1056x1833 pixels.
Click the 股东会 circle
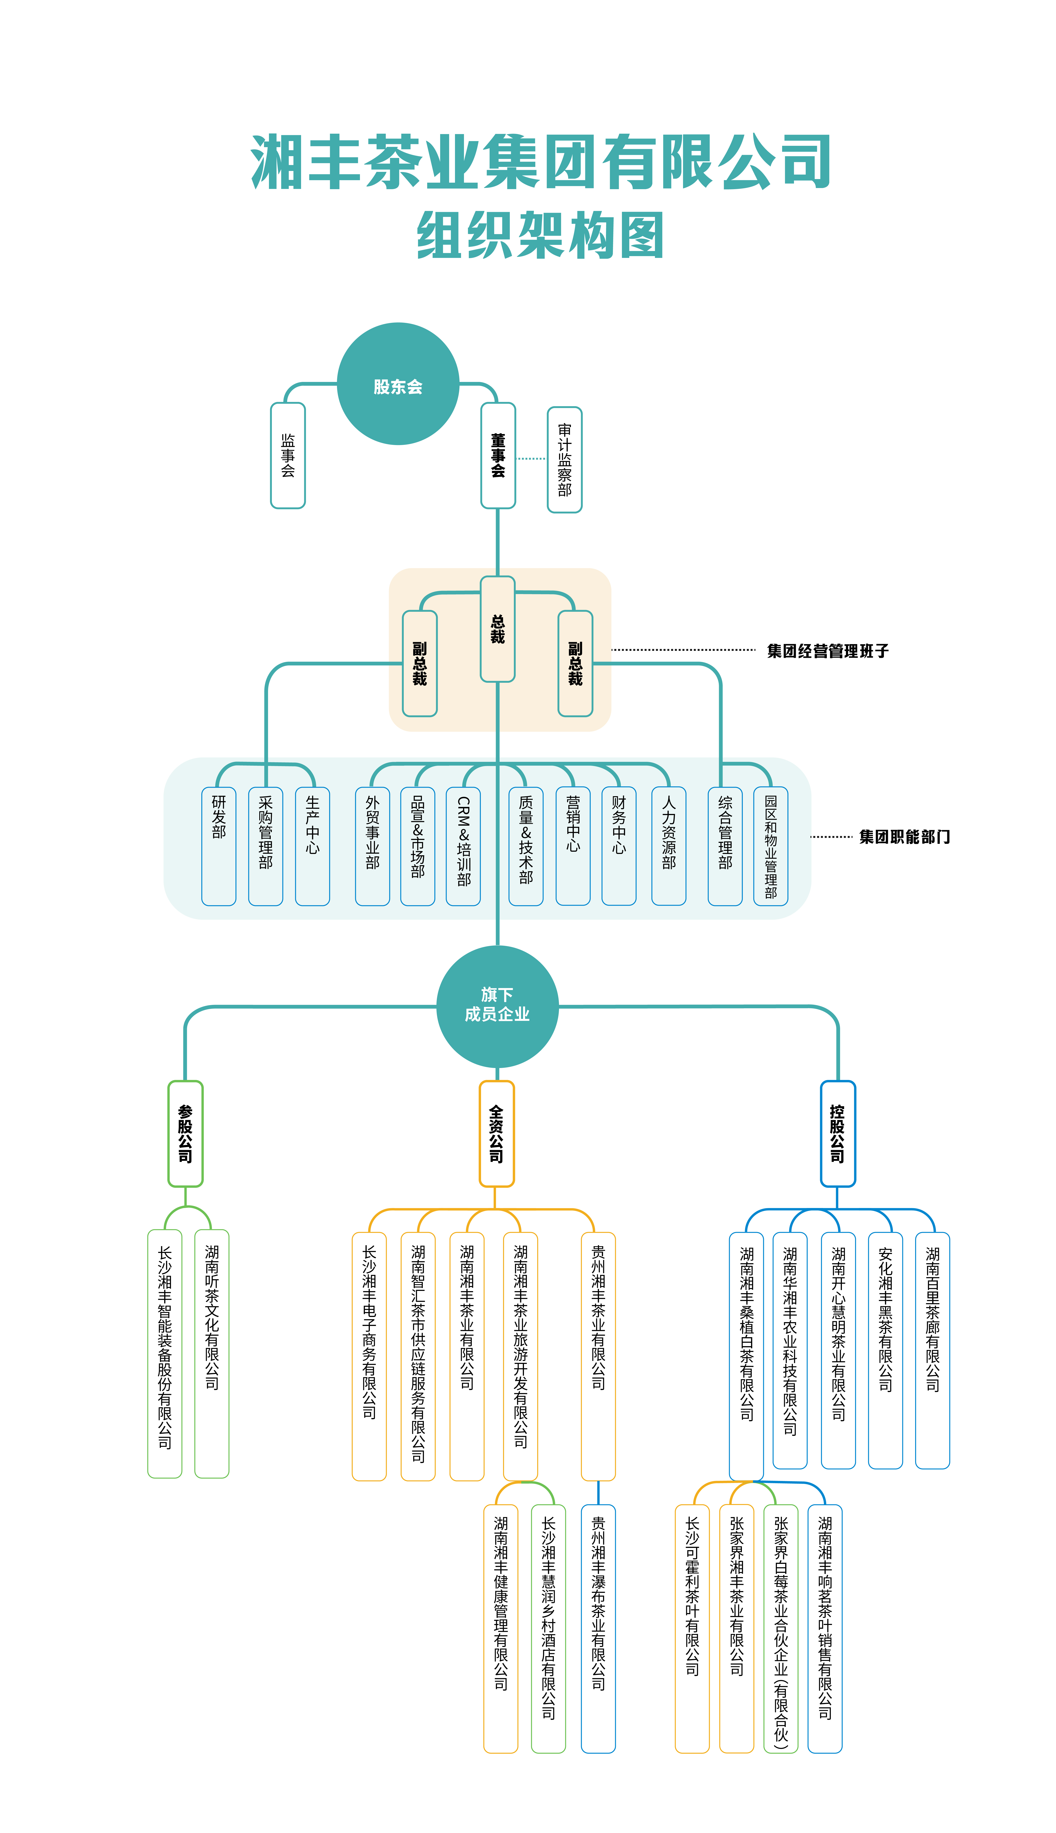398,384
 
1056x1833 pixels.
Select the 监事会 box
288,455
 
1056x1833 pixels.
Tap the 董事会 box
498,455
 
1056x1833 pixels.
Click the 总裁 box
497,629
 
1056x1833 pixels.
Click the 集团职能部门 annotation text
904,837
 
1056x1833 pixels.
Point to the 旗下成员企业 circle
497,1006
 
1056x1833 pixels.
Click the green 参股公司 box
186,1133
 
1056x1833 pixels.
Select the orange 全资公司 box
497,1133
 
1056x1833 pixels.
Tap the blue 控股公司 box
838,1133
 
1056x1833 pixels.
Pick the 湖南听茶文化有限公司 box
212,1353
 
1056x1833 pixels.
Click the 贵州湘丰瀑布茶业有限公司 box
598,1629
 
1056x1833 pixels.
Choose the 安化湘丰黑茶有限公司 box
885,1350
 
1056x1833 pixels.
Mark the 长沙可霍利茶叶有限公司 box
693,1629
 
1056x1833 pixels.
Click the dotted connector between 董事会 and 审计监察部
532,458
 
